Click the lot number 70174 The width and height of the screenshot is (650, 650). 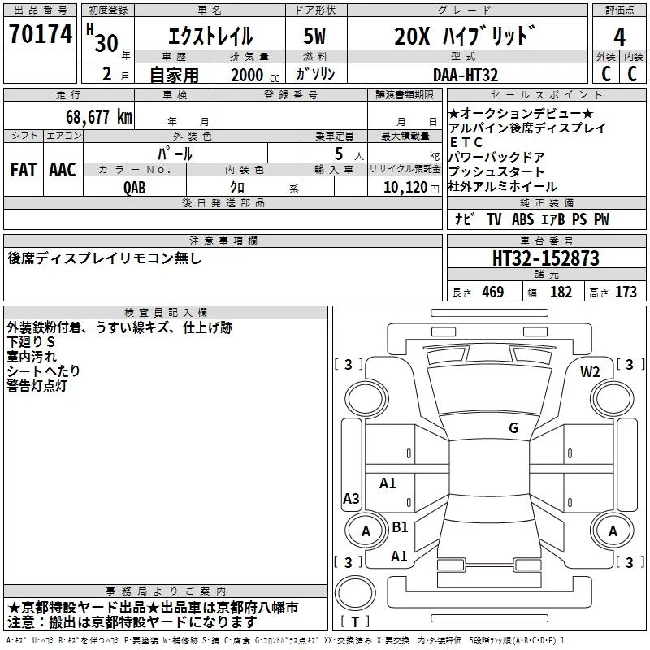(x=39, y=37)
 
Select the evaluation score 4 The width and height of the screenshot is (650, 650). (x=620, y=37)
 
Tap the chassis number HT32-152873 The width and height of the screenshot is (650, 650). (x=546, y=258)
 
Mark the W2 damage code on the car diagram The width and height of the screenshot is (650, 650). (x=590, y=372)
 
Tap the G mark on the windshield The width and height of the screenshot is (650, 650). (x=513, y=428)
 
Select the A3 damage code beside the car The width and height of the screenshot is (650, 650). (x=351, y=499)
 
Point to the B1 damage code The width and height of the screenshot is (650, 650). (x=400, y=527)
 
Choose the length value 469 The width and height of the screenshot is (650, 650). (x=492, y=292)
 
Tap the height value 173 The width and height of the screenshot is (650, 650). (x=626, y=292)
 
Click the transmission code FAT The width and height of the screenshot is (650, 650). (x=23, y=169)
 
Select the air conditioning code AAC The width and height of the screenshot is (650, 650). (x=62, y=169)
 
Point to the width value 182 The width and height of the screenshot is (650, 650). (x=561, y=292)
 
